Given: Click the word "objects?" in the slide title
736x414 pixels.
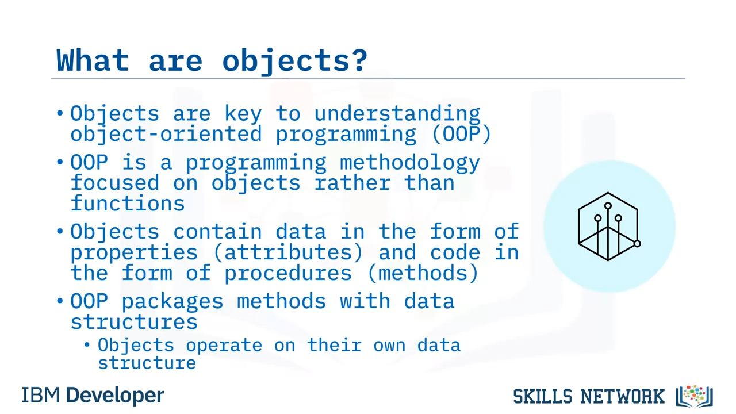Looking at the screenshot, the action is (295, 62).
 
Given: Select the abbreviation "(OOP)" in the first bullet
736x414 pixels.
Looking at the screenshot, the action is (462, 134).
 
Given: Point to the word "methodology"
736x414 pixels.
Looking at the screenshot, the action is (410, 163).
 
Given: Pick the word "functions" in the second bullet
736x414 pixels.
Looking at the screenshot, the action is (128, 203).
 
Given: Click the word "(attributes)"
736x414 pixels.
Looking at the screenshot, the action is (288, 252).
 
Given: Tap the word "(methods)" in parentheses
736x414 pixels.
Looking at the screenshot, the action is (423, 273).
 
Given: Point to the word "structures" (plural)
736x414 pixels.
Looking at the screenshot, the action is (134, 321).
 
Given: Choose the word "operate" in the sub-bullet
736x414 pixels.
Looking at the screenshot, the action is (224, 346).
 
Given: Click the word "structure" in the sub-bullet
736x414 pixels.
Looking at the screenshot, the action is (147, 363).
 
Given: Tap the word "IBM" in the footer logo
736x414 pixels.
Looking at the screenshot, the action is (41, 395).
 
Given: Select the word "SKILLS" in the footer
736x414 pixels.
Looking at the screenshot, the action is (543, 396).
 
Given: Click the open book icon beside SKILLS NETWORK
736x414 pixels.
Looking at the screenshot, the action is (694, 396).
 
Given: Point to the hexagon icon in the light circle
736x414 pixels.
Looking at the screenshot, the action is (609, 227).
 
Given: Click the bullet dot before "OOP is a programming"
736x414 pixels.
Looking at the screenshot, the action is (60, 162).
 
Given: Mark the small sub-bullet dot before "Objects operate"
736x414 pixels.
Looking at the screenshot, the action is (87, 344).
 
